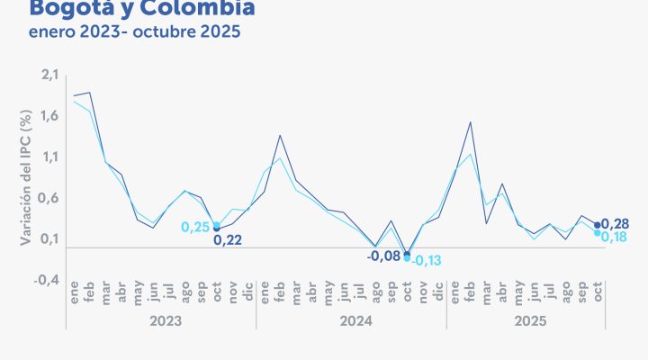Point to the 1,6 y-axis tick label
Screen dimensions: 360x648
pos(46,114)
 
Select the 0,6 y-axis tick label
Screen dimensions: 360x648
pos(46,197)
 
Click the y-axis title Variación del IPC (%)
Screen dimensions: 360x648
pos(25,178)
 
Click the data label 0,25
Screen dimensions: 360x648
pos(195,228)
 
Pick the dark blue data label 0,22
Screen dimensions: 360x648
pos(228,240)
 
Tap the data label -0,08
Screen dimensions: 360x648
pos(383,256)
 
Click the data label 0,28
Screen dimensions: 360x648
pos(614,223)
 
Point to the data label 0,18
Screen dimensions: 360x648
pos(614,236)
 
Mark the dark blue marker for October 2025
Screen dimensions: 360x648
pos(598,225)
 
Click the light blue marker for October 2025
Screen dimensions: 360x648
pos(598,233)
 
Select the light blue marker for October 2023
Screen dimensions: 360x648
pos(216,225)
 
